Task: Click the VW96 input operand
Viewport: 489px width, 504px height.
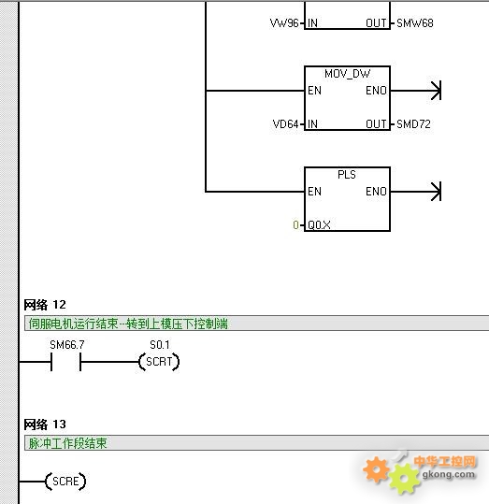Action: tap(284, 23)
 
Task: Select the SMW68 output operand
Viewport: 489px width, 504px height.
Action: tap(415, 23)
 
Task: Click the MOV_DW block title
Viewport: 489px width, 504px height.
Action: tap(347, 74)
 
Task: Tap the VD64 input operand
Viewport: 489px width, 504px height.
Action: tap(285, 124)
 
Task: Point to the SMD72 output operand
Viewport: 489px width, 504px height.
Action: tap(413, 124)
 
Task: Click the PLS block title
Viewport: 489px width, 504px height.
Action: tap(347, 175)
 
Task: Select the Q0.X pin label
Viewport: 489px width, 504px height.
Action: tap(319, 225)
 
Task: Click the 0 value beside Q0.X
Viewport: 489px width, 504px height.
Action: tap(295, 225)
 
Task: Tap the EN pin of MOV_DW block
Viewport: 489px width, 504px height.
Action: tap(314, 91)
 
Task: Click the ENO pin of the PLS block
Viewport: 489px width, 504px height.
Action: tap(376, 192)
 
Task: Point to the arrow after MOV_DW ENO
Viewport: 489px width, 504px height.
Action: tap(416, 91)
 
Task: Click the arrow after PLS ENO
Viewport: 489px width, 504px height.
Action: tap(416, 192)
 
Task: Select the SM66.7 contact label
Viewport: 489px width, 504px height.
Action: tap(67, 345)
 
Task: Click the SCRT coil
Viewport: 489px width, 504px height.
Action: tap(159, 362)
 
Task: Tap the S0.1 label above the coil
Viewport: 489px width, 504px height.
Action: tap(160, 345)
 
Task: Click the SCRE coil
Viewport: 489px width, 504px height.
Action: tap(65, 482)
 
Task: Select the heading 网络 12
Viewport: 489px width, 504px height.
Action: tap(45, 305)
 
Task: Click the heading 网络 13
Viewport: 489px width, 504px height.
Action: tap(45, 425)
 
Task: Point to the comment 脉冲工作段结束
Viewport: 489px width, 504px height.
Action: tap(67, 443)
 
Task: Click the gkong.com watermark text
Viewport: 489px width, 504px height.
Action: tap(449, 474)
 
